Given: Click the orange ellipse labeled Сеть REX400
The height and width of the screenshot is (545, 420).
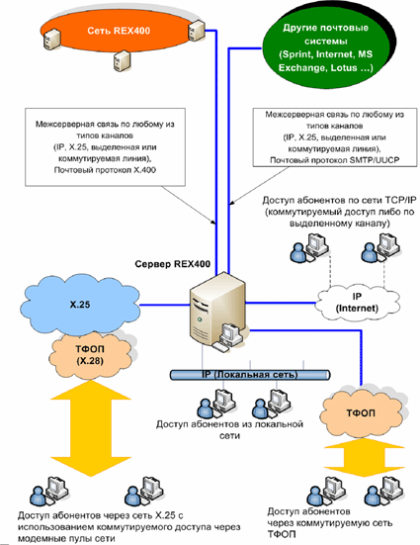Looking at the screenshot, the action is [119, 32].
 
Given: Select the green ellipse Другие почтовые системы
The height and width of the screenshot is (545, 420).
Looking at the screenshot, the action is [325, 47].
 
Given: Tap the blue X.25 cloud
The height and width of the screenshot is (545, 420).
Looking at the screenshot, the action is [80, 305].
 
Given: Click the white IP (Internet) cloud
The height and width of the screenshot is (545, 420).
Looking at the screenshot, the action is [358, 303].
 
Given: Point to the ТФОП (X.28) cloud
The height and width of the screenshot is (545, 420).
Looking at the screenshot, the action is [90, 355].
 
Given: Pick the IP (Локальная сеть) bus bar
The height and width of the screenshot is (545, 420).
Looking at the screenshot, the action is [250, 375].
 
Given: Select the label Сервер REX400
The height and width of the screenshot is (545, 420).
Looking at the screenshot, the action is [173, 264].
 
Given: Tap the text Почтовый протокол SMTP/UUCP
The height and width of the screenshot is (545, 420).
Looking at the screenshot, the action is [335, 160].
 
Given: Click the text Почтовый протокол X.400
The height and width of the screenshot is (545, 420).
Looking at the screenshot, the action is [105, 170].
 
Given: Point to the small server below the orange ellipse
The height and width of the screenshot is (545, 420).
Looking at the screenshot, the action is [122, 60].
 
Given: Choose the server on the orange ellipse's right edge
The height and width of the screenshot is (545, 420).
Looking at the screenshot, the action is [197, 30].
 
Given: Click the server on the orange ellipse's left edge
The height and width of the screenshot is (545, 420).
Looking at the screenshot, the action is [52, 39].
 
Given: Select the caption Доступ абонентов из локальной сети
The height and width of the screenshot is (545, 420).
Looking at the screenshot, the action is [229, 429].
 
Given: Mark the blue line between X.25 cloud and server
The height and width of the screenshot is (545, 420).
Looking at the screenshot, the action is [165, 306].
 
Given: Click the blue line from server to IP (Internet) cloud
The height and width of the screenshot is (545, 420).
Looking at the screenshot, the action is [281, 303].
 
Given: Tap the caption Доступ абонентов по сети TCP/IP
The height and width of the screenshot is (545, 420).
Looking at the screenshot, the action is [339, 200].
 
